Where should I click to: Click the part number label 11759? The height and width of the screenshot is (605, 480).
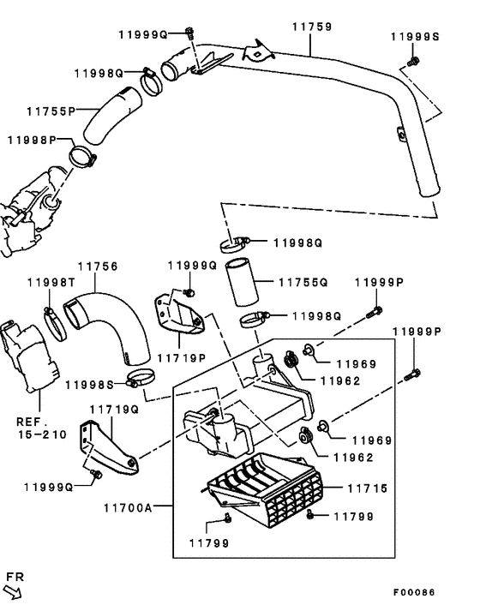pos(311,27)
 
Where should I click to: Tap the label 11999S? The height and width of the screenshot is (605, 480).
pos(414,37)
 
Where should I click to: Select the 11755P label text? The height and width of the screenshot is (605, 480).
pos(51,111)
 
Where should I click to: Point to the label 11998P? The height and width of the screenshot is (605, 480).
pos(33,140)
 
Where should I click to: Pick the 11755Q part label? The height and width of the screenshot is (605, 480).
pos(304,281)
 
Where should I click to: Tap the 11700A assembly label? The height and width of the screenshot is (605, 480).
pos(128,507)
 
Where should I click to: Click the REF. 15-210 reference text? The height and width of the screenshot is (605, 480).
pos(40,428)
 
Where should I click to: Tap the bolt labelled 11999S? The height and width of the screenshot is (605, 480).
pos(414,62)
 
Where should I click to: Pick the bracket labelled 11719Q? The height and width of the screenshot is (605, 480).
pos(107,442)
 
